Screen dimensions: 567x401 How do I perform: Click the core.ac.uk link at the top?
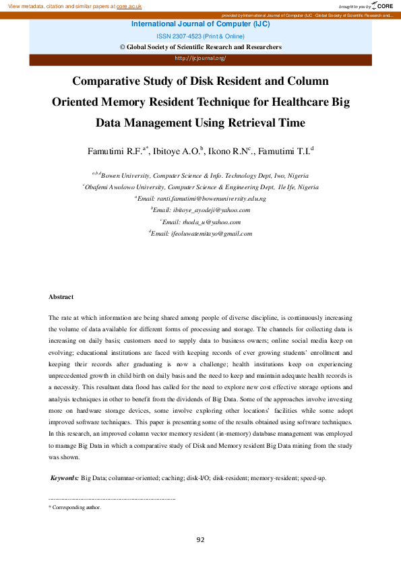coord(129,6)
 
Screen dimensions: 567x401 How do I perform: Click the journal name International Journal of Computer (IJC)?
coord(200,24)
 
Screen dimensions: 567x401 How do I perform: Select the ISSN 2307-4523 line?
coord(200,36)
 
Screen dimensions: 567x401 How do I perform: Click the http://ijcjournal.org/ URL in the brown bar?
coord(200,59)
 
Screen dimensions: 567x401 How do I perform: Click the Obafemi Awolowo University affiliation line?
coord(200,187)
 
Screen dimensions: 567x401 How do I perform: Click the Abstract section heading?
coord(61,297)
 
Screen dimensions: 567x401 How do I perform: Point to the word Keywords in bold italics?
coord(65,477)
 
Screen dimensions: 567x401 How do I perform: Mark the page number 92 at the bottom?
coord(200,539)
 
